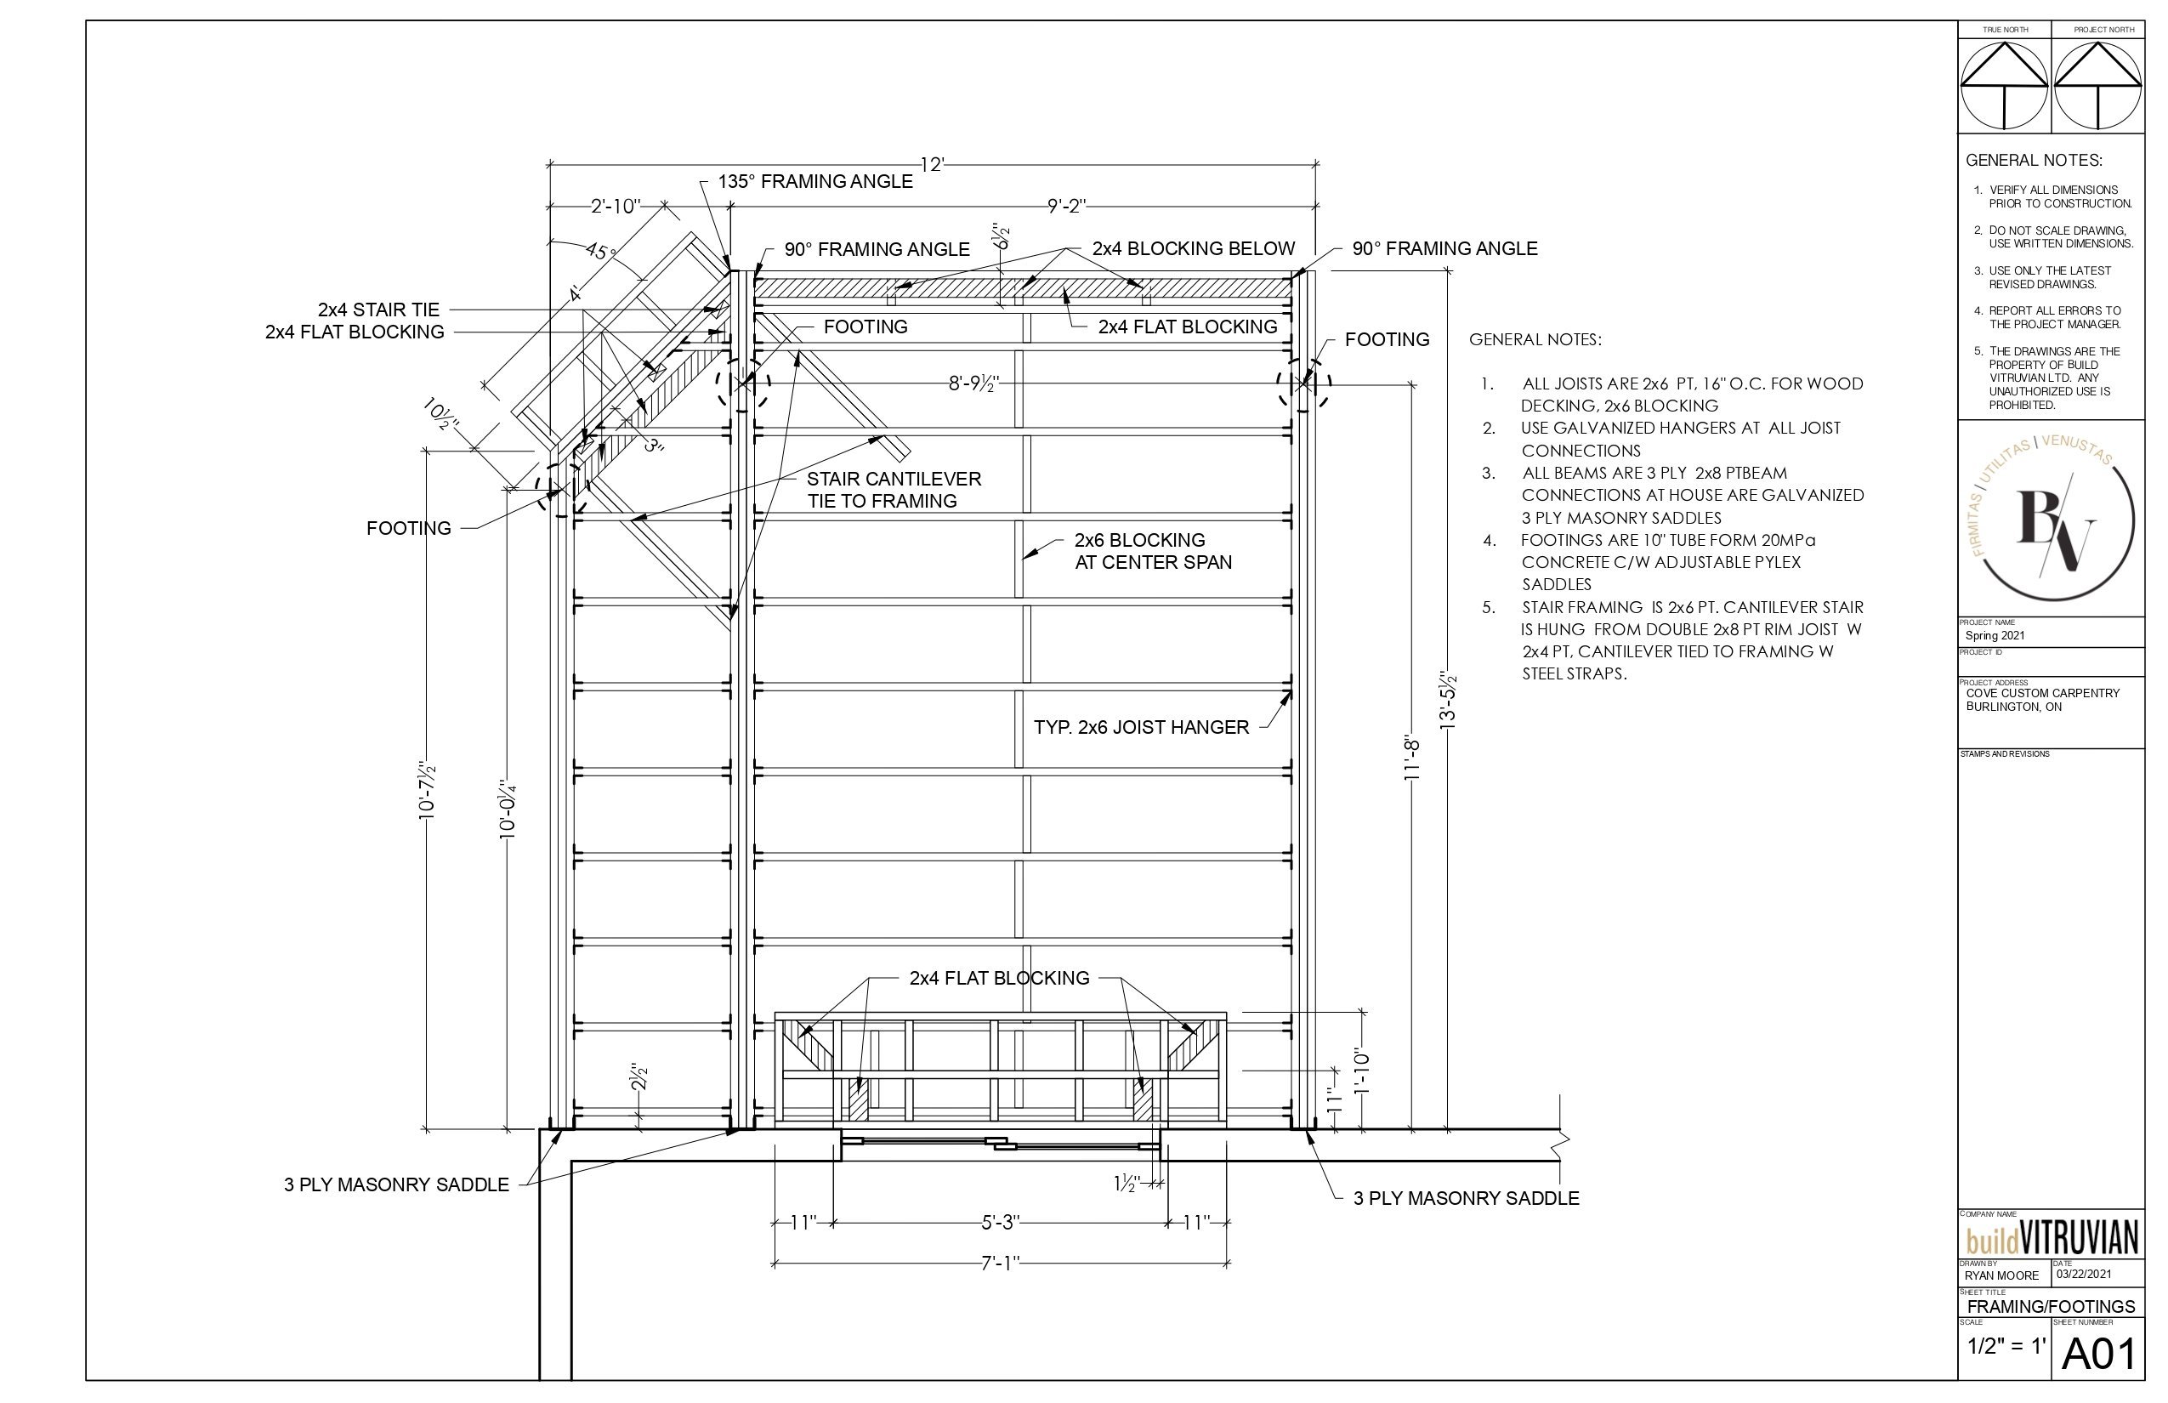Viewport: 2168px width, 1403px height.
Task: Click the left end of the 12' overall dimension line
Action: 550,165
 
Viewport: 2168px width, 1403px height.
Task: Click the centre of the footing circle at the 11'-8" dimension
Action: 1303,384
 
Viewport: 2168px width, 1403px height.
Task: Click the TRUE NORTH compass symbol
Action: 2004,88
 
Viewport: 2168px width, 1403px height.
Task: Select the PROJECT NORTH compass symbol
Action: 2098,88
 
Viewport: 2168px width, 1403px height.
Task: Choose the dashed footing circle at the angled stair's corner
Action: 562,487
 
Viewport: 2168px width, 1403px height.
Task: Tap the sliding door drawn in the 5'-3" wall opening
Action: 1000,1144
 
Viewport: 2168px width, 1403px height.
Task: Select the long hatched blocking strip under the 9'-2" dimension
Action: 1024,288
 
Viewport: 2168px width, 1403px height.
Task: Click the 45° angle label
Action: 601,250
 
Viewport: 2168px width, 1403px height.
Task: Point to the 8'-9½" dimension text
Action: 973,384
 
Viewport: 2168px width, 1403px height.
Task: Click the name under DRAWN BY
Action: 2001,1275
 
